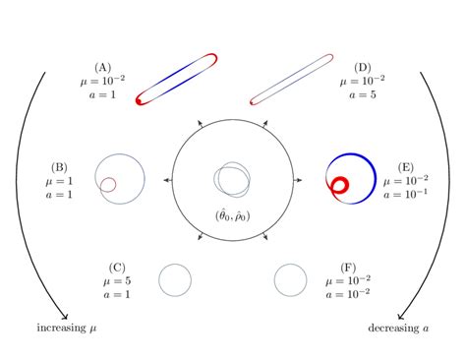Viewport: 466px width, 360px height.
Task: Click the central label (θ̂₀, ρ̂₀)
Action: coord(233,215)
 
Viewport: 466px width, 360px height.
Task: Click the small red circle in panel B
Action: coord(106,183)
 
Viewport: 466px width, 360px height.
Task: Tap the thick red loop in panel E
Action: coord(340,184)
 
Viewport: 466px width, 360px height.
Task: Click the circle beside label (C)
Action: coord(174,280)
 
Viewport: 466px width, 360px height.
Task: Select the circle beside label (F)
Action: coord(290,280)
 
